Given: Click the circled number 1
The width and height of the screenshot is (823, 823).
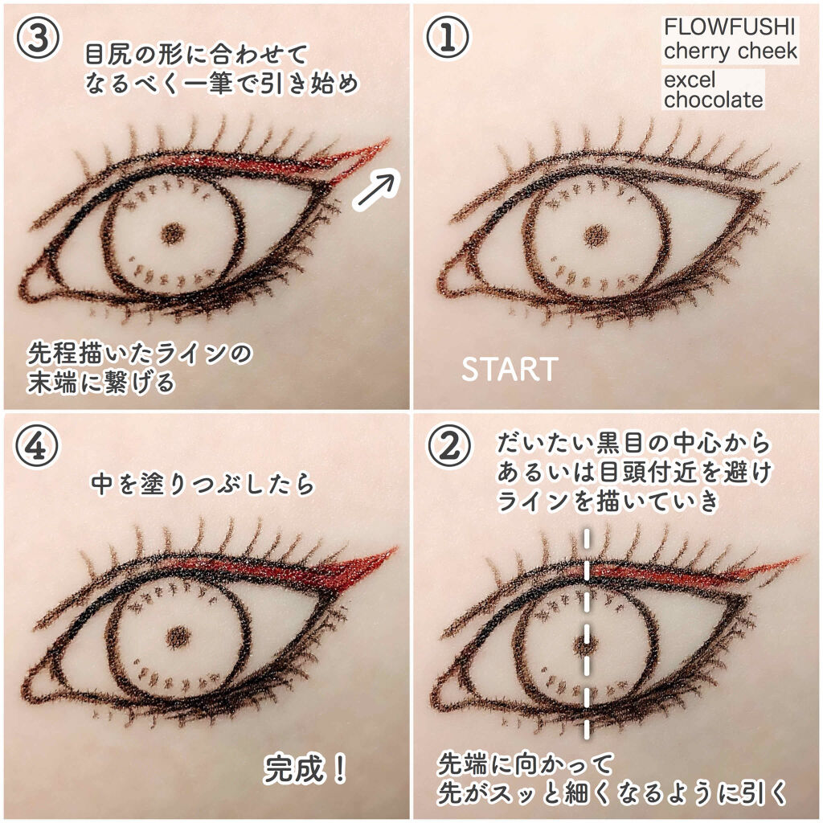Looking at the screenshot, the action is pyautogui.click(x=447, y=38).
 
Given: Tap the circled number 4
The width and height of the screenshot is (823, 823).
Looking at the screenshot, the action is pyautogui.click(x=37, y=446).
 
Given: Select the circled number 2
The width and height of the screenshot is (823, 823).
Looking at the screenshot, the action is pyautogui.click(x=447, y=446).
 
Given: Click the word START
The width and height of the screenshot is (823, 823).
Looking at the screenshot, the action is pyautogui.click(x=509, y=369).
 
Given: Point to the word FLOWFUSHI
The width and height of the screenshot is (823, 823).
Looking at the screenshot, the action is pyautogui.click(x=730, y=27).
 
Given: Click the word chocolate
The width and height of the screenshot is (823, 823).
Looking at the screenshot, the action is pyautogui.click(x=713, y=100).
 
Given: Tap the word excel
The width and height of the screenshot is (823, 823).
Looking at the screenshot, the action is pyautogui.click(x=689, y=80).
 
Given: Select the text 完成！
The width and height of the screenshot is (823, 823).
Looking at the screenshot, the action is pyautogui.click(x=305, y=769).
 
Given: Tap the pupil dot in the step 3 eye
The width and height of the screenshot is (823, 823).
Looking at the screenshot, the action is pyautogui.click(x=173, y=233).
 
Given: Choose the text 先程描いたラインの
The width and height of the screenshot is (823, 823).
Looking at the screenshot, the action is pyautogui.click(x=140, y=354).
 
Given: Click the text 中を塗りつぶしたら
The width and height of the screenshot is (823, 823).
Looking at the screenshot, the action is pyautogui.click(x=203, y=484).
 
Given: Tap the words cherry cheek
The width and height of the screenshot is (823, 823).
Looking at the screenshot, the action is pyautogui.click(x=730, y=51).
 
